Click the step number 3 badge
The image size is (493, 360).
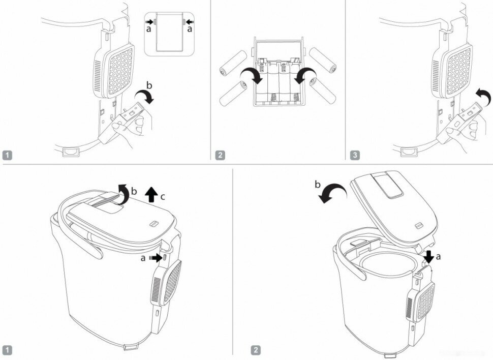(x=354, y=155)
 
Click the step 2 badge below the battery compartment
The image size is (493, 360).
(x=220, y=155)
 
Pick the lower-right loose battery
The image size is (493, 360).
(x=323, y=90)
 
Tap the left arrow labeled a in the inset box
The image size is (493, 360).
(x=150, y=22)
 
